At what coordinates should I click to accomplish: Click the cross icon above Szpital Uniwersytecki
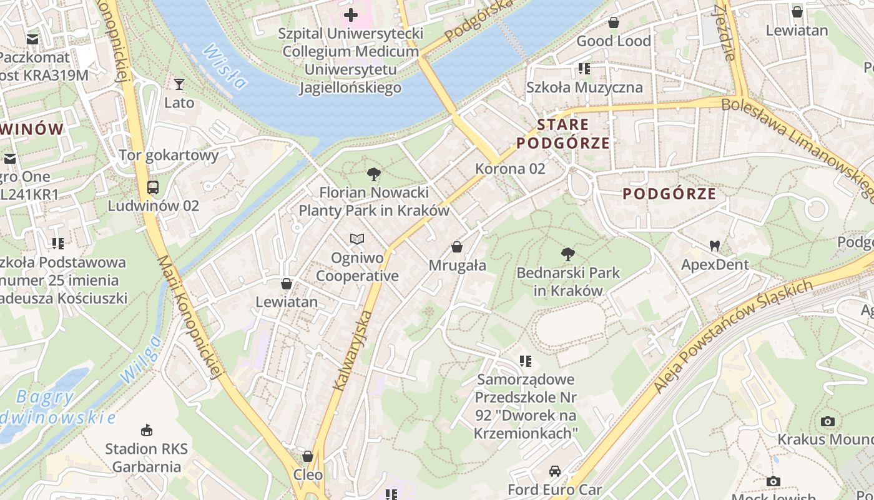click(351, 14)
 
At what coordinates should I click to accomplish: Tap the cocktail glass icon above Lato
click(179, 84)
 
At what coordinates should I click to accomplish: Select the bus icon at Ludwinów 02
click(152, 187)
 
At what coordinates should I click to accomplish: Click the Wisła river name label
click(225, 67)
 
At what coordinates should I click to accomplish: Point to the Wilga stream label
click(140, 360)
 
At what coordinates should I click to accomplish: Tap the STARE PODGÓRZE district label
click(563, 134)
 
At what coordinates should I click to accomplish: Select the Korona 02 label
click(510, 169)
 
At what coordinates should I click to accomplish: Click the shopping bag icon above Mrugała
click(457, 247)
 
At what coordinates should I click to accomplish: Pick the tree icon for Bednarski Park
click(567, 254)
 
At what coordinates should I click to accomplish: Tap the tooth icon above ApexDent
click(714, 246)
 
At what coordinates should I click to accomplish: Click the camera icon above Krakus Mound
click(828, 421)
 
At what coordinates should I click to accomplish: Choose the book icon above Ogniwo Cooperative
click(356, 239)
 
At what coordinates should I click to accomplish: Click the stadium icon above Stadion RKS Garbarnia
click(147, 430)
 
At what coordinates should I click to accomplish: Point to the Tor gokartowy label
click(169, 155)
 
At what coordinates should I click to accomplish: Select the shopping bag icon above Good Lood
click(614, 22)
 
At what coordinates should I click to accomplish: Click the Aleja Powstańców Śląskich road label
click(734, 336)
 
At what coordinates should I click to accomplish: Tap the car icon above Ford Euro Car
click(554, 471)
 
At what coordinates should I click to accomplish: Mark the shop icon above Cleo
click(308, 456)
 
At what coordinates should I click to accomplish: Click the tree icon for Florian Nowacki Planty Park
click(373, 174)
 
